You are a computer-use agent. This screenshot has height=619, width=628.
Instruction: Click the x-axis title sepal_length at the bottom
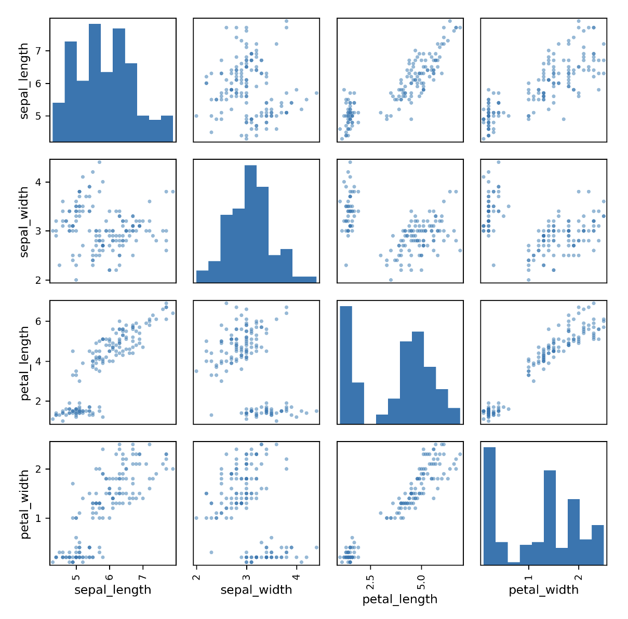tap(113, 590)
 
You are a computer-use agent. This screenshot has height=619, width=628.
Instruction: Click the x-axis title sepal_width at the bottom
tap(256, 590)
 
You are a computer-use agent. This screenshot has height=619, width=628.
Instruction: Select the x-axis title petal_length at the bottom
tap(399, 600)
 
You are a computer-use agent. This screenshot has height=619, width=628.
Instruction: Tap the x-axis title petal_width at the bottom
tap(543, 590)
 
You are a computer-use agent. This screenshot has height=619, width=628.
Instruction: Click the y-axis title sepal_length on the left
tap(24, 81)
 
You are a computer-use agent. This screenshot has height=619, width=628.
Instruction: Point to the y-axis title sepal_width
tap(24, 222)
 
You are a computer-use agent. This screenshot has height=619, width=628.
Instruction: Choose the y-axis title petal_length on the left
tap(24, 363)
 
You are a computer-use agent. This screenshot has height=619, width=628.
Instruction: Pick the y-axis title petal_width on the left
tap(24, 504)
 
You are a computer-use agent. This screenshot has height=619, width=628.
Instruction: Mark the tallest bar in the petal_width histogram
tap(489, 506)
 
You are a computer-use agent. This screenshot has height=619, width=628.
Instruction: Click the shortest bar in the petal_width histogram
tap(514, 563)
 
